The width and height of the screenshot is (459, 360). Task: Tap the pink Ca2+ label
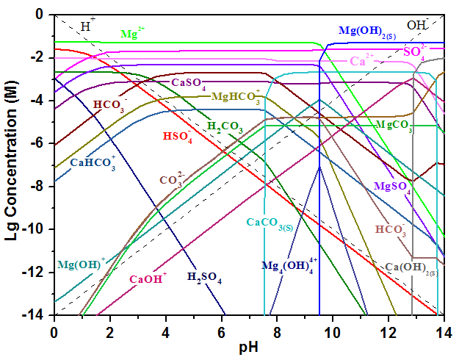[361, 61]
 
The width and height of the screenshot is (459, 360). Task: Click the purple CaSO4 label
[189, 83]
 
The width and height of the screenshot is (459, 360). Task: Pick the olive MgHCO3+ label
[236, 96]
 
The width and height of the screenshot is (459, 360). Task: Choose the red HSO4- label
[177, 136]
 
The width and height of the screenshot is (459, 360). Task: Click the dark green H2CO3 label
[225, 126]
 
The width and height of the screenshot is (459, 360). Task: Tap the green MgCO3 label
[394, 126]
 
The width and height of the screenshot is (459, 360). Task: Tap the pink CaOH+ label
[148, 278]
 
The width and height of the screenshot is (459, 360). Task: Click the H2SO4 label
[204, 277]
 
